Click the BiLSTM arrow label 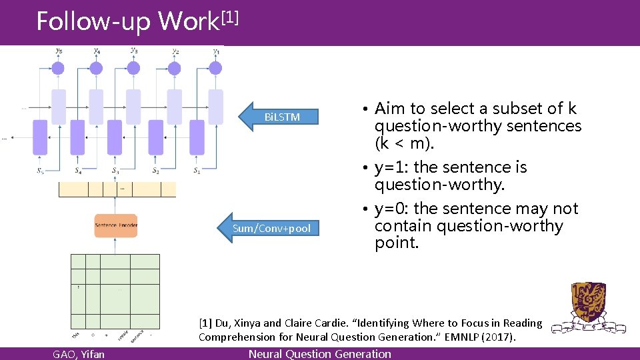click(x=282, y=117)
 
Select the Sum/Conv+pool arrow click(x=271, y=229)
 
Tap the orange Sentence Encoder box click(x=116, y=225)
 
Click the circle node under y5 click(x=58, y=68)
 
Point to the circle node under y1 click(x=215, y=68)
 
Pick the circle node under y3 click(x=133, y=68)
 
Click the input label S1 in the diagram click(x=197, y=171)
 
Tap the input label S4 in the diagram click(x=78, y=171)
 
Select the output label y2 click(x=175, y=51)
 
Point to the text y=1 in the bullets click(x=392, y=167)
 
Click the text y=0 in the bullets click(x=392, y=209)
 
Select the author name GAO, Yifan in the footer click(x=79, y=354)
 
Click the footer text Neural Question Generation click(x=319, y=354)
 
